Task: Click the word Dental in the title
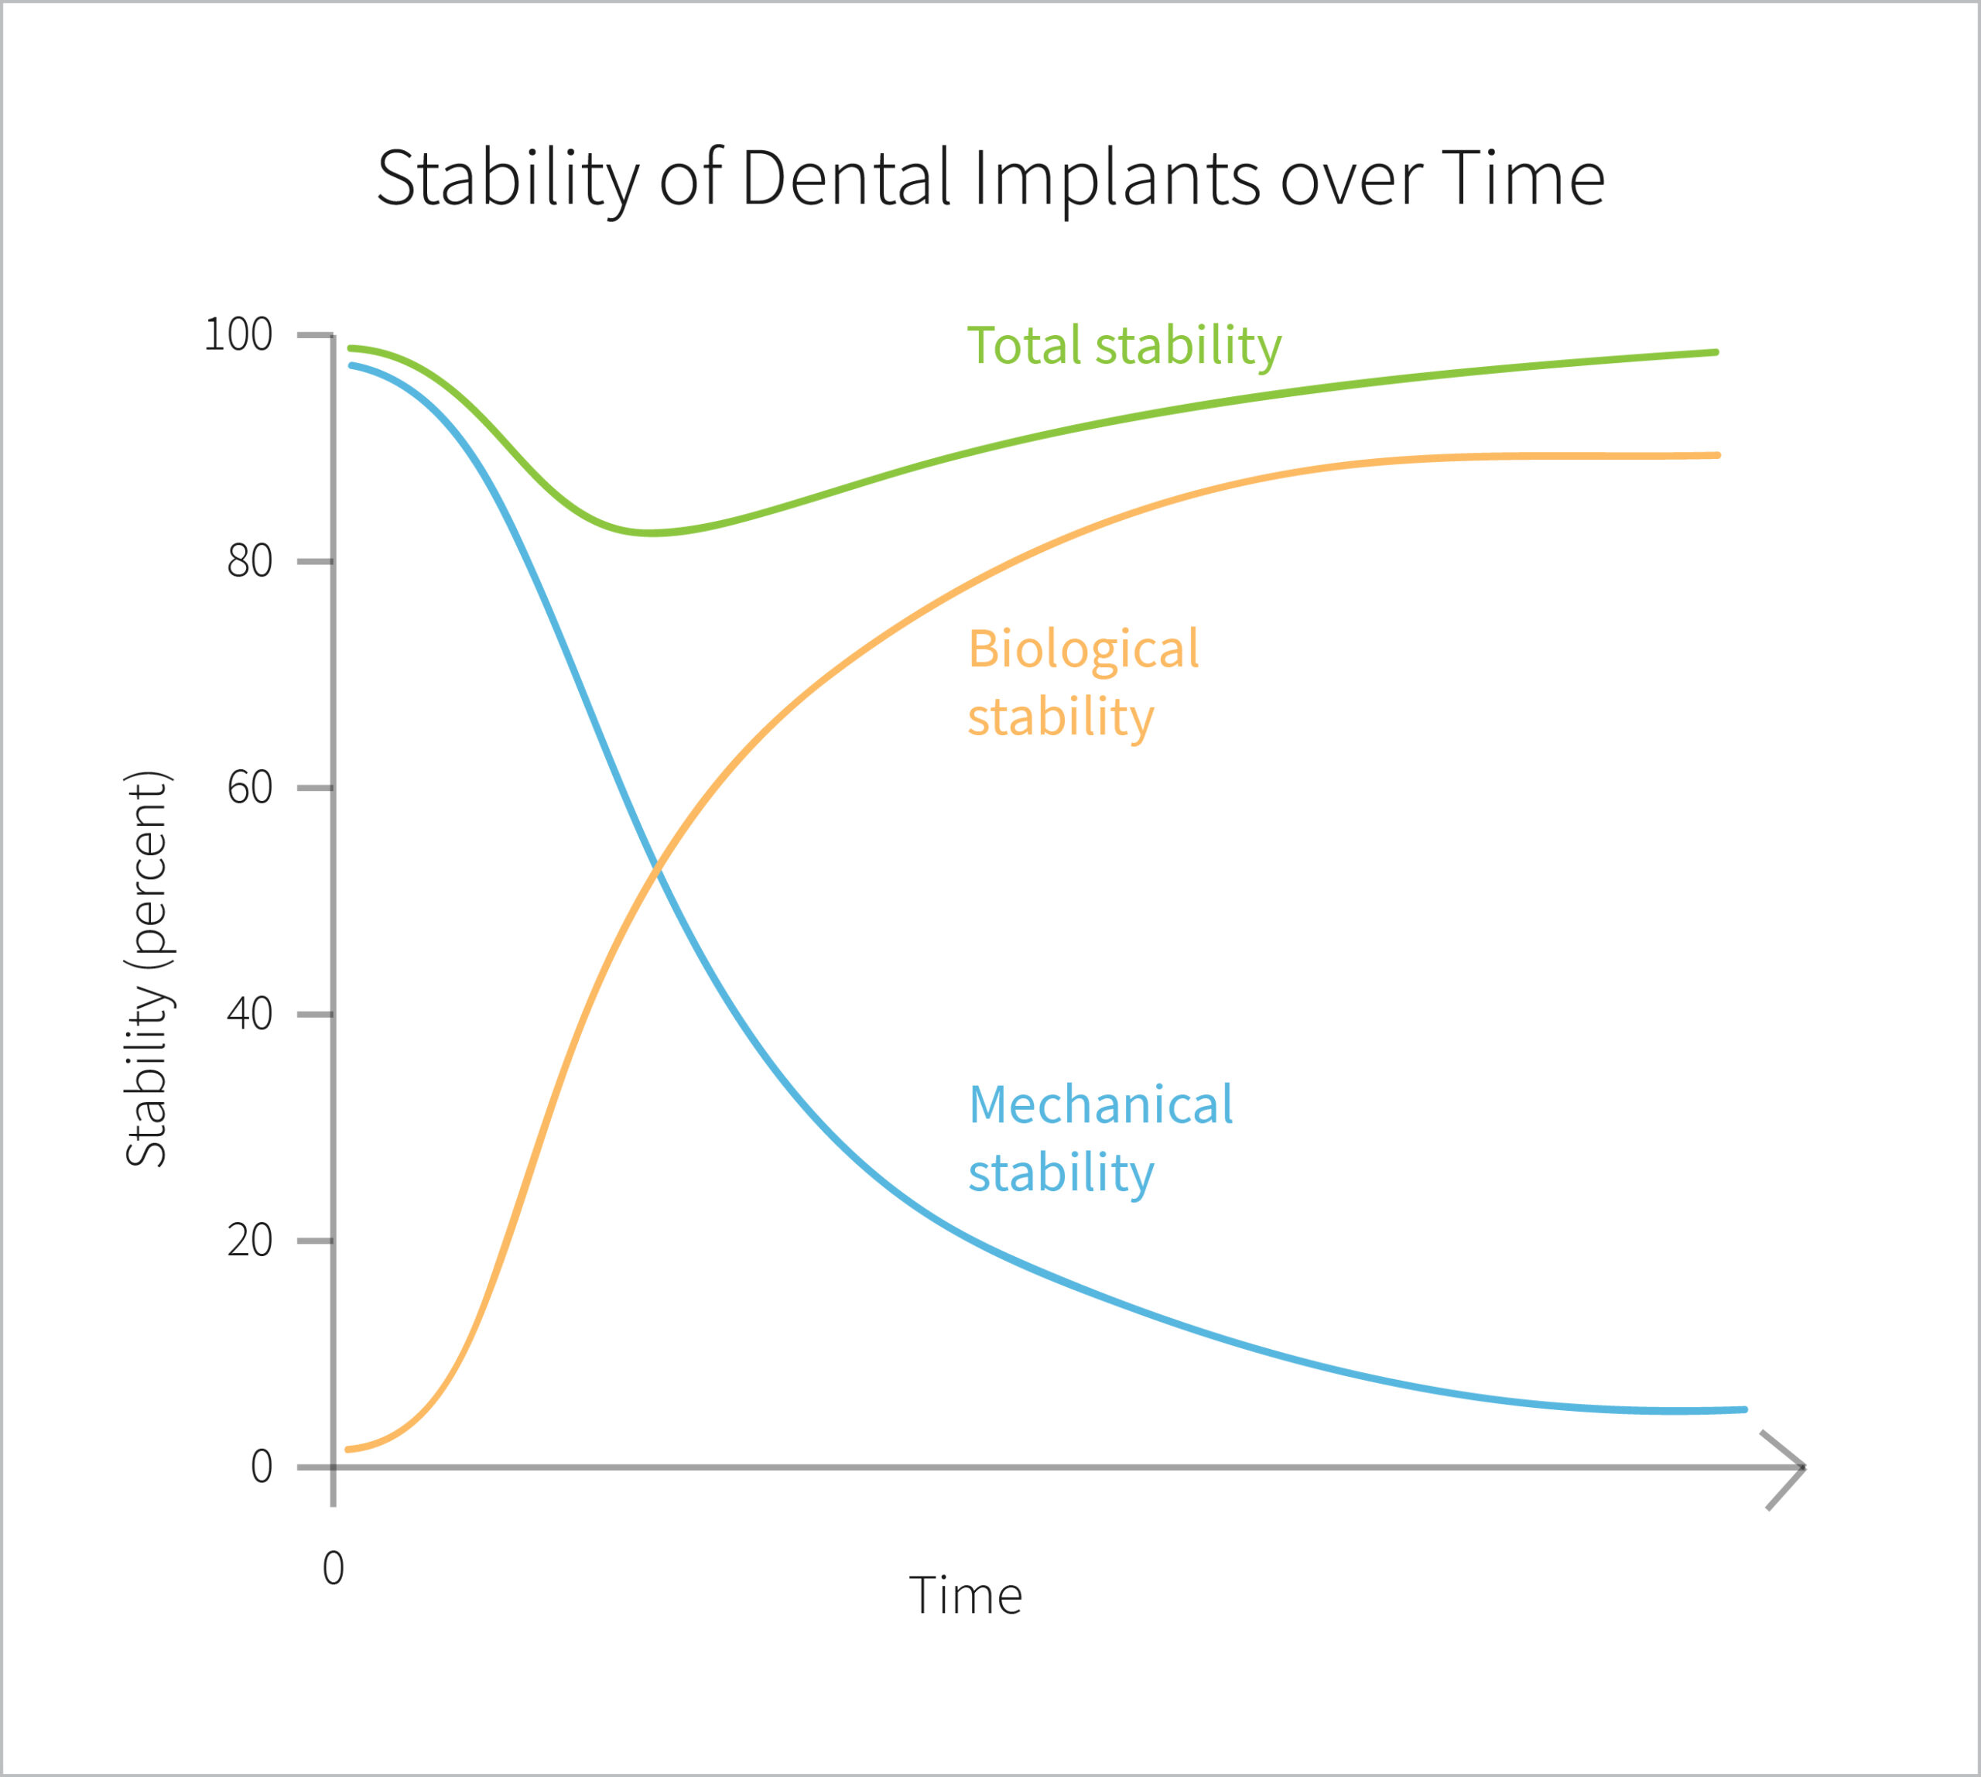pyautogui.click(x=846, y=179)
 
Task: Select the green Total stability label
pyautogui.click(x=1123, y=346)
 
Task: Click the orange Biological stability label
pyautogui.click(x=1082, y=683)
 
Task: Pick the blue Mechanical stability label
pyautogui.click(x=1100, y=1138)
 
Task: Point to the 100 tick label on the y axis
pyautogui.click(x=238, y=335)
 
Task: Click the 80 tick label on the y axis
pyautogui.click(x=249, y=561)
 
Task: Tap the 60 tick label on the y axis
pyautogui.click(x=249, y=788)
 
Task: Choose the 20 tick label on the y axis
pyautogui.click(x=249, y=1240)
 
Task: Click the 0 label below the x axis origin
pyautogui.click(x=333, y=1568)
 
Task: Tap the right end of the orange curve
pyautogui.click(x=1716, y=455)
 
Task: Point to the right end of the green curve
pyautogui.click(x=1716, y=352)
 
